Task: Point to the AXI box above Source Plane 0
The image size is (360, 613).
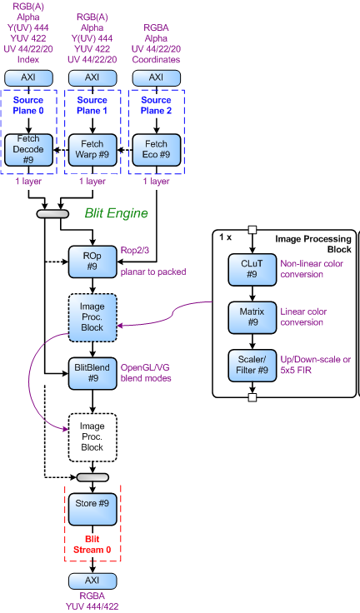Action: click(x=27, y=77)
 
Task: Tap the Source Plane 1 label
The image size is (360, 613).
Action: click(x=92, y=106)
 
